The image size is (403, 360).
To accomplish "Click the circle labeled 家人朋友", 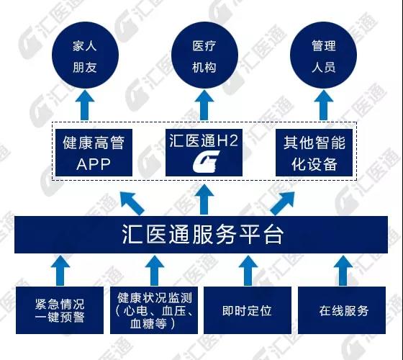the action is click(85, 55).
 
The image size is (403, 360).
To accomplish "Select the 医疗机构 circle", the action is click(204, 55).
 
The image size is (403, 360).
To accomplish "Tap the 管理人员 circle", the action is click(323, 55).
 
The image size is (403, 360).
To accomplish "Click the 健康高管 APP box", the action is click(94, 153).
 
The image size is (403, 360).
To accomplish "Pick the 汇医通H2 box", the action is click(204, 153).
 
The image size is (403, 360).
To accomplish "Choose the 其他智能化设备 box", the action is click(314, 153).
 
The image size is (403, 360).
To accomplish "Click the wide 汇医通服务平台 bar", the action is click(201, 235).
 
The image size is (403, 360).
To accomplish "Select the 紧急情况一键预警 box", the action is click(60, 310).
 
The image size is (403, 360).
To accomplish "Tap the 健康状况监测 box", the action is click(154, 310).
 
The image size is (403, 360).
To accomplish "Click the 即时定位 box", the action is click(248, 310).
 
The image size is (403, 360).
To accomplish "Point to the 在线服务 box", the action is click(342, 310).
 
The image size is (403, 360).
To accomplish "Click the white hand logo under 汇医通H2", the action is click(206, 161).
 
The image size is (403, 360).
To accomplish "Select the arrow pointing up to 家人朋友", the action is click(85, 105).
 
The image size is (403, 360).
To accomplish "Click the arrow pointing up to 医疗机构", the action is click(204, 105).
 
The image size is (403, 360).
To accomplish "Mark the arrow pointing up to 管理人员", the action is click(323, 105).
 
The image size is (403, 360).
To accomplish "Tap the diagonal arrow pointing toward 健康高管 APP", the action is click(132, 203).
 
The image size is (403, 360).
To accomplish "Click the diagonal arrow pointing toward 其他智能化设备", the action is click(282, 203).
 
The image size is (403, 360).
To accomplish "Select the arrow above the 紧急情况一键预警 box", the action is click(60, 271).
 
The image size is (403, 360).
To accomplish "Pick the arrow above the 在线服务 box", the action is click(343, 271).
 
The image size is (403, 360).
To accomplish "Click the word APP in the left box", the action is click(94, 164).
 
